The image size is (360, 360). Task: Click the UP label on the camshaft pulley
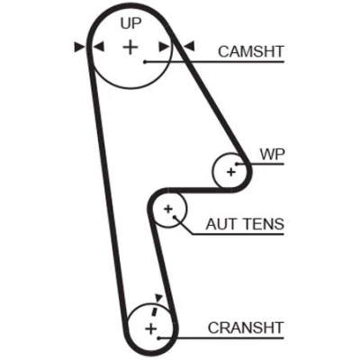(x=130, y=23)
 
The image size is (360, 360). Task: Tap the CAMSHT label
(x=251, y=51)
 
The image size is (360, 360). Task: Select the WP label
(x=272, y=154)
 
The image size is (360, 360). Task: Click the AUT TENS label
(x=245, y=224)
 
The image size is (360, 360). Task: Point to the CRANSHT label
(x=246, y=328)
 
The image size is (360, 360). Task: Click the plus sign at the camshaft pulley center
(x=130, y=47)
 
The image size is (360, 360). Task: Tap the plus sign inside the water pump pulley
(x=231, y=172)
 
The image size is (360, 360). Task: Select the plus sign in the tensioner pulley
(x=168, y=209)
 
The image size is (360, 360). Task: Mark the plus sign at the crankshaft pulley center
(x=151, y=328)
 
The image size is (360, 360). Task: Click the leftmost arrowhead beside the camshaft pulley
(x=79, y=47)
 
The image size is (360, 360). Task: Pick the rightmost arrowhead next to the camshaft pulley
(x=189, y=47)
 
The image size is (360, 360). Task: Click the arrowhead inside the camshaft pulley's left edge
(x=99, y=47)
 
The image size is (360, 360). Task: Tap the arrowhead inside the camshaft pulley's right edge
(x=164, y=47)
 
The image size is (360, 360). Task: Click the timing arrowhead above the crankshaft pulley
(x=158, y=298)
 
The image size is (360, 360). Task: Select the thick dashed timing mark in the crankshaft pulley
(x=155, y=310)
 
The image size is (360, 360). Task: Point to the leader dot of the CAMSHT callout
(x=145, y=62)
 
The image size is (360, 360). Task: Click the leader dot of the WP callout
(x=237, y=164)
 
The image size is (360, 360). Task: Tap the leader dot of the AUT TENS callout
(x=175, y=216)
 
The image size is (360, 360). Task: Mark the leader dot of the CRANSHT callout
(x=158, y=338)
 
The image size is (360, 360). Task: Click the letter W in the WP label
(x=267, y=154)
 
